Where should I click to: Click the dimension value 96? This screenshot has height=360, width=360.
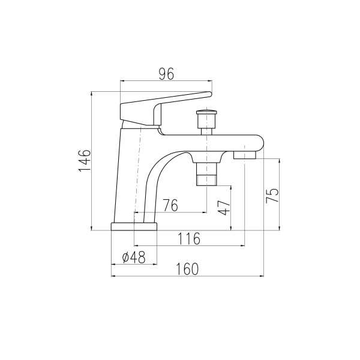[x=167, y=74]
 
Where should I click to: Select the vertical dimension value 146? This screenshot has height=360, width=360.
[x=85, y=161]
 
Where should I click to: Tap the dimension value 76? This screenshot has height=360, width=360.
[x=170, y=205]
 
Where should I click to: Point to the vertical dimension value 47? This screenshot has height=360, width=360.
[x=224, y=208]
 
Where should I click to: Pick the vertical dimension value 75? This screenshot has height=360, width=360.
[x=272, y=196]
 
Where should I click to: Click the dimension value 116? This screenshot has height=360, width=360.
[x=189, y=239]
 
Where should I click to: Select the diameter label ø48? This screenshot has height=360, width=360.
[x=134, y=257]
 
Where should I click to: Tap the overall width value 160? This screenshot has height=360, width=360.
[x=187, y=269]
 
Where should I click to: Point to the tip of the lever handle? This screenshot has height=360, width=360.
[x=210, y=94]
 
